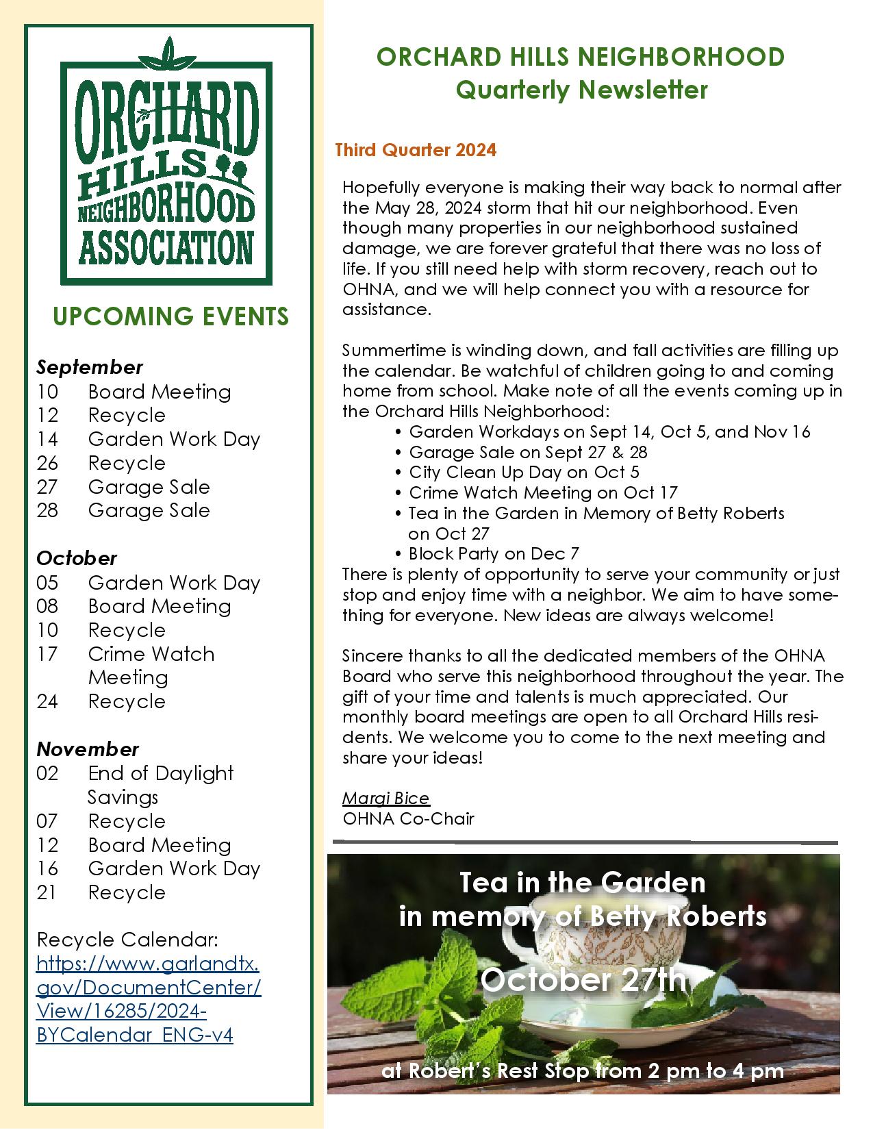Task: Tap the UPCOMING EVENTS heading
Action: coord(170,316)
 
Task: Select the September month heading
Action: coord(90,367)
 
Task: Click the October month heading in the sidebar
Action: coord(77,558)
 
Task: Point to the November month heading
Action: coord(88,749)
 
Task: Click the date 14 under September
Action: coord(47,439)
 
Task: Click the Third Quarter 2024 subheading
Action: coord(416,150)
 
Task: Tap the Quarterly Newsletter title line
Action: coord(581,90)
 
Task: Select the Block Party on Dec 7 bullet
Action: coord(494,553)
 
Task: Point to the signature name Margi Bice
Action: coord(385,798)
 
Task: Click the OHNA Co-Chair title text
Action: coord(408,818)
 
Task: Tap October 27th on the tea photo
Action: coord(583,979)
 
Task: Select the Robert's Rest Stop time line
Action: coord(583,1070)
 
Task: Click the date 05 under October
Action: coord(47,583)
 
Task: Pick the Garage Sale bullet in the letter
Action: coord(528,452)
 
